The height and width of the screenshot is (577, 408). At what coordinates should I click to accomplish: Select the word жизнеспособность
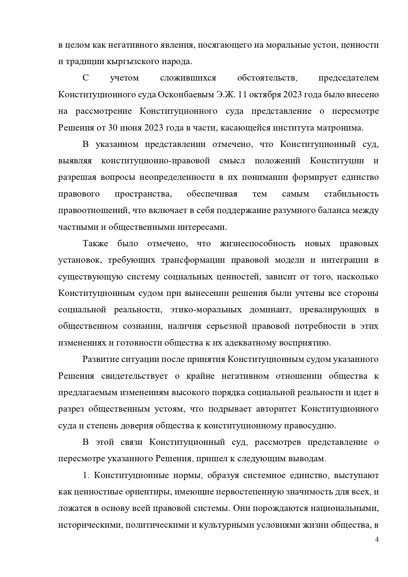point(257,244)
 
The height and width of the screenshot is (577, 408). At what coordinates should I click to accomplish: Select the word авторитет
point(276,409)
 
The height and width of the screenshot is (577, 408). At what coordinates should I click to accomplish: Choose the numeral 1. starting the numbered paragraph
point(86,476)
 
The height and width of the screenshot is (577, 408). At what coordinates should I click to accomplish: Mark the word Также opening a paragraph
point(95,244)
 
